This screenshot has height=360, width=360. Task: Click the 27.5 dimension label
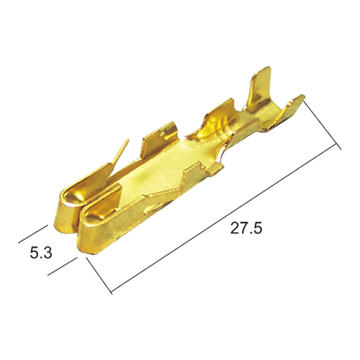point(246,228)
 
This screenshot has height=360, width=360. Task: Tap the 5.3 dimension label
point(41,253)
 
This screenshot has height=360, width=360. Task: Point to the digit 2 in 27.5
point(235,228)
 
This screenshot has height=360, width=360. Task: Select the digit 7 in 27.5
point(244,228)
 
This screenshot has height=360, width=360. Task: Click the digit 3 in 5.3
point(48,253)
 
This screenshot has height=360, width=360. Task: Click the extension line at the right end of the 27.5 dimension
point(323,125)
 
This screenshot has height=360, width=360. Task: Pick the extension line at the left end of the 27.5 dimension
point(99,276)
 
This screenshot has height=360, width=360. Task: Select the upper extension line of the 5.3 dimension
point(33,234)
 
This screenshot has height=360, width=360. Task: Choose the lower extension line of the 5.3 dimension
point(63,266)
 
